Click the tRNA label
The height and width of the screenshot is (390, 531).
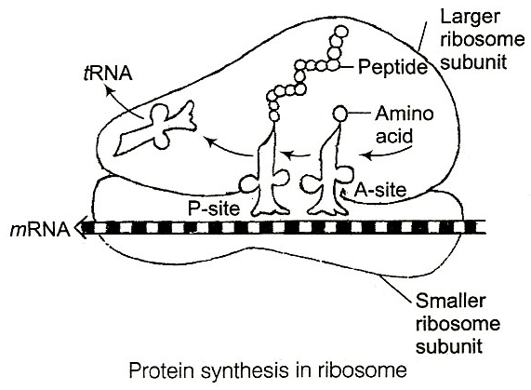(108, 74)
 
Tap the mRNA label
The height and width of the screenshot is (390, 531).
(40, 230)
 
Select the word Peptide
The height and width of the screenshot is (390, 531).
(392, 66)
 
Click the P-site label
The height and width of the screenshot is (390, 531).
(214, 208)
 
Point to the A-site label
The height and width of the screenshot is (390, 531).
(379, 191)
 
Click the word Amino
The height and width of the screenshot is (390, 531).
(405, 114)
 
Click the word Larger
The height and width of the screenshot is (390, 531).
(470, 17)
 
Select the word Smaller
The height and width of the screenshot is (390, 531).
(450, 301)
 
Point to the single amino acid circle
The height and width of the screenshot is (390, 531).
(340, 114)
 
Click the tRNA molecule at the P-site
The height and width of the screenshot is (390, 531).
(266, 180)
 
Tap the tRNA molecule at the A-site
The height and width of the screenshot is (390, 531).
(328, 180)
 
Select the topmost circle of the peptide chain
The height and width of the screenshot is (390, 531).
(340, 33)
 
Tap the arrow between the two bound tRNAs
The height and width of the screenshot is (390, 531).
(297, 155)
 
